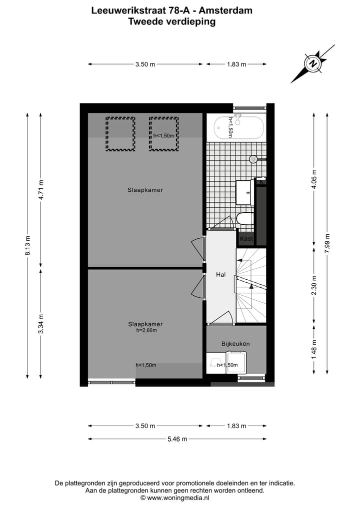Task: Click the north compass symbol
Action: pos(313,64)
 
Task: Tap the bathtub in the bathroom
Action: pos(235,128)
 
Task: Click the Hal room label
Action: pos(220,275)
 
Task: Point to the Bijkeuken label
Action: pos(235,344)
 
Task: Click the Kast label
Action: pos(246,239)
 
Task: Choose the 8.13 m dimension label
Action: pos(28,245)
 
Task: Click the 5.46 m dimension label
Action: pos(177,439)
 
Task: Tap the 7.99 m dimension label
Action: pos(327,243)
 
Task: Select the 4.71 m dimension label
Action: pos(41,189)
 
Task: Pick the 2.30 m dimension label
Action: pos(314,285)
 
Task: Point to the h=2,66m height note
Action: pos(146,330)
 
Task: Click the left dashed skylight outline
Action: pos(120,134)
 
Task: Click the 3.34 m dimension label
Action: pos(41,324)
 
